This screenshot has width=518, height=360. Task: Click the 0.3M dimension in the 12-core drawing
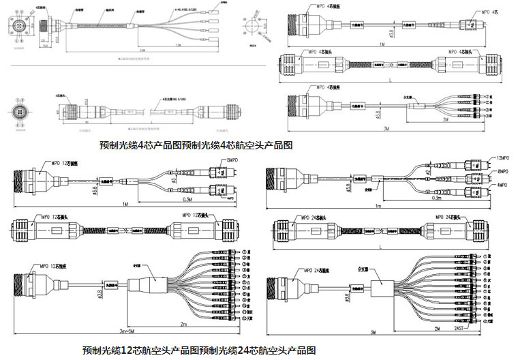[187, 200]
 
